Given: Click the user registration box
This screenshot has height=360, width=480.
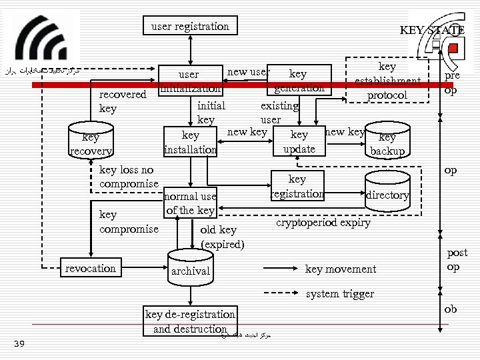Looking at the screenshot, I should pos(190,27).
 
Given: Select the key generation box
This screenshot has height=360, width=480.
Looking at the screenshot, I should pos(298,81).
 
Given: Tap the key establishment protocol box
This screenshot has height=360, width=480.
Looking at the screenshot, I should pos(387,81).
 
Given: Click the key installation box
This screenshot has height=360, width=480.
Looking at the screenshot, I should pos(191,142).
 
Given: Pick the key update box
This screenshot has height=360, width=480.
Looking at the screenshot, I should pos(299,141).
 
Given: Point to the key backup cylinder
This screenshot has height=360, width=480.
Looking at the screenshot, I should pos(387,143).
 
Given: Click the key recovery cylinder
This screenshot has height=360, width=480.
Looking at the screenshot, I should pos(91,144).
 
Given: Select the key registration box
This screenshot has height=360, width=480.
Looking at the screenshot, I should pos(297,187).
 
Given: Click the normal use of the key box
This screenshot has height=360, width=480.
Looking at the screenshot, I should pos(191,203).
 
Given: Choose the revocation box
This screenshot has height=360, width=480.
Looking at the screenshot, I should pos(91,268).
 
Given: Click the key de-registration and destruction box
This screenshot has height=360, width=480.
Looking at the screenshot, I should pos(190,321).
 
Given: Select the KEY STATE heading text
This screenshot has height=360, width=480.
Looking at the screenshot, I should pos(431,30).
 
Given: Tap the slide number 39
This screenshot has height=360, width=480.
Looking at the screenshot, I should pos(19,343).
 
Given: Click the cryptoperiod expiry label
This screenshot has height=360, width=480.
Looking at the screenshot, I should pos(323,223).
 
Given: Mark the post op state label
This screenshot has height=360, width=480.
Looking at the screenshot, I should pos(457,259).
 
